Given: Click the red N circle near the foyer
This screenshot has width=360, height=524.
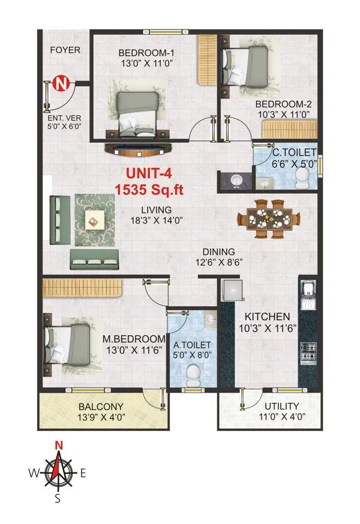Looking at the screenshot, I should pyautogui.click(x=60, y=84).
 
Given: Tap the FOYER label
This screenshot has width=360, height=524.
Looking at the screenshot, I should pyautogui.click(x=64, y=50).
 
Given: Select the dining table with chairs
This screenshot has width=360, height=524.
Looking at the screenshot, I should pyautogui.click(x=268, y=220).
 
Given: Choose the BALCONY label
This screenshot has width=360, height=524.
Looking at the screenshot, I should pyautogui.click(x=91, y=406).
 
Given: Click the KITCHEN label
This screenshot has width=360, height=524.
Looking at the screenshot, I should pyautogui.click(x=267, y=316).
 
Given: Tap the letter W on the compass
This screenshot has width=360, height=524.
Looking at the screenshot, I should pyautogui.click(x=34, y=473).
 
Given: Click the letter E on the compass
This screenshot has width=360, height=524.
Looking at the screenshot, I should pyautogui.click(x=83, y=473).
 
